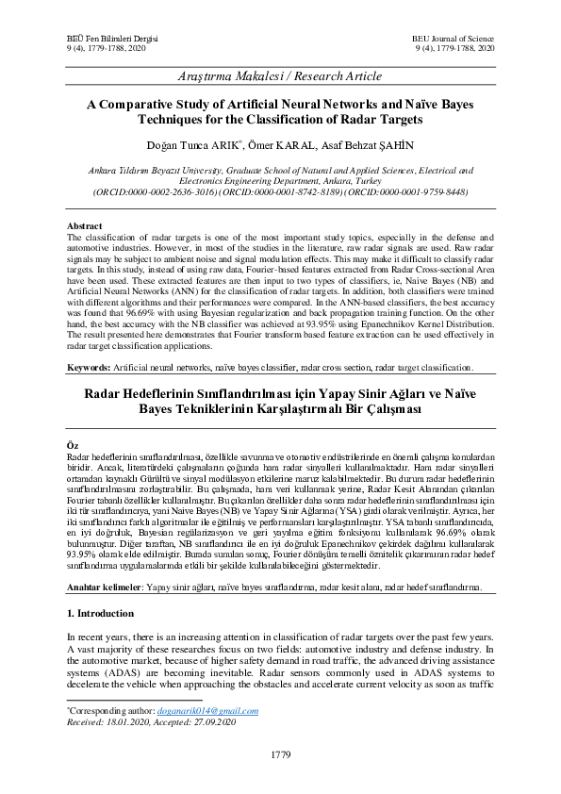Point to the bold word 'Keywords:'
[x=88, y=367]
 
